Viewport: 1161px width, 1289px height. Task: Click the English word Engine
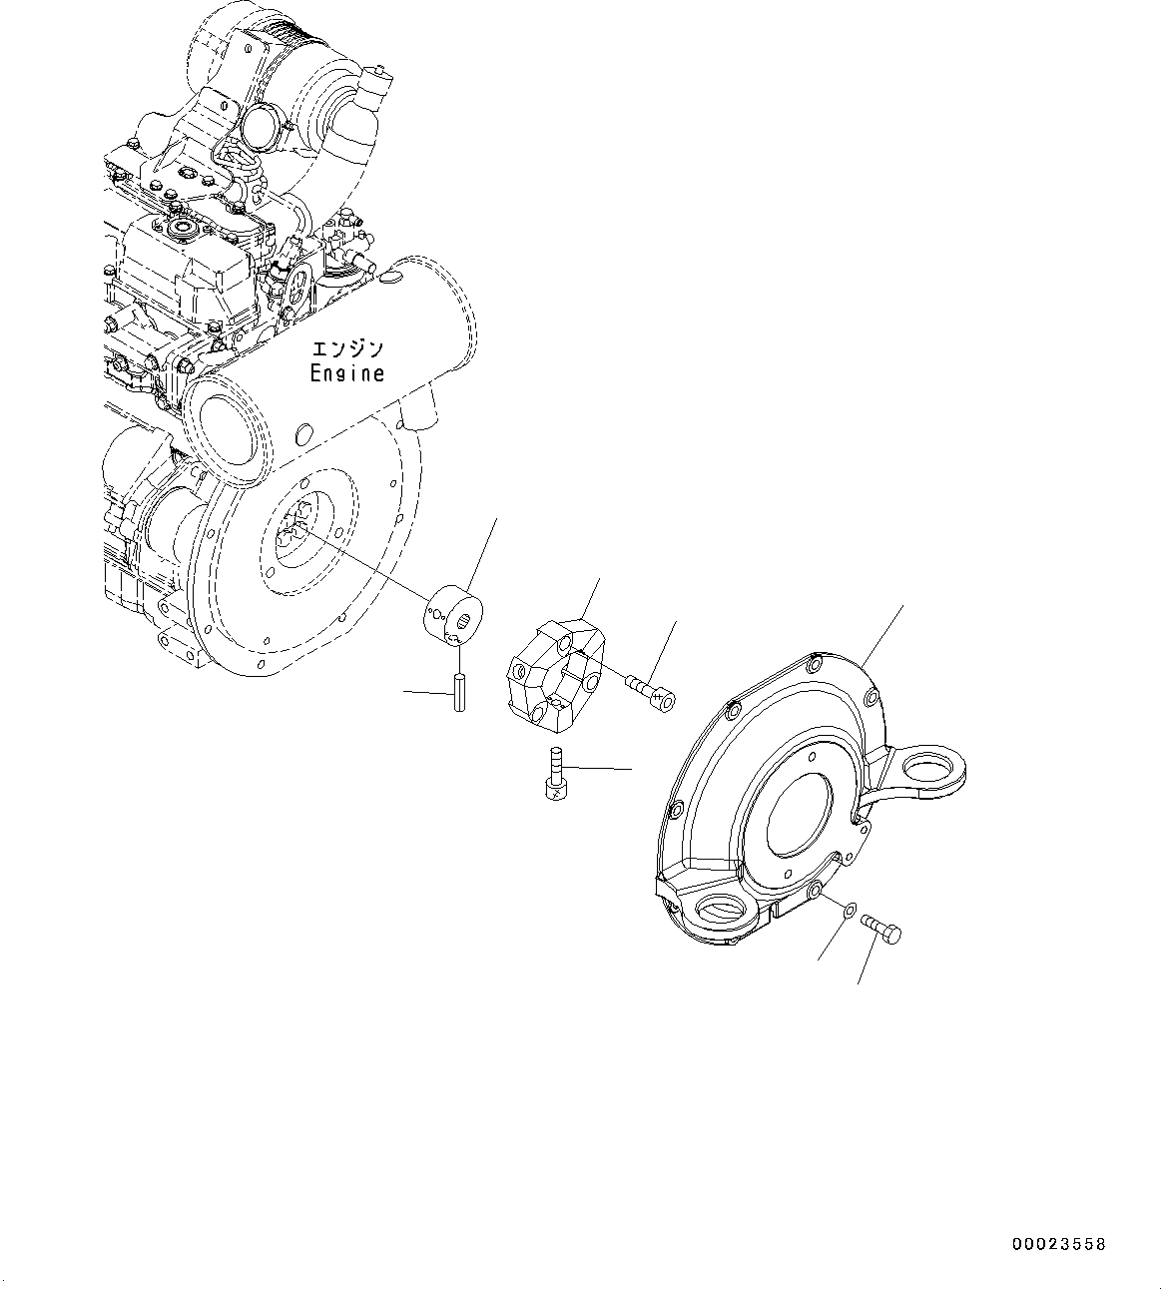click(x=346, y=373)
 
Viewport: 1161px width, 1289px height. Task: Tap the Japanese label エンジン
click(x=346, y=349)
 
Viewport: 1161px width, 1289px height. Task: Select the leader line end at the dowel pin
click(x=405, y=690)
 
